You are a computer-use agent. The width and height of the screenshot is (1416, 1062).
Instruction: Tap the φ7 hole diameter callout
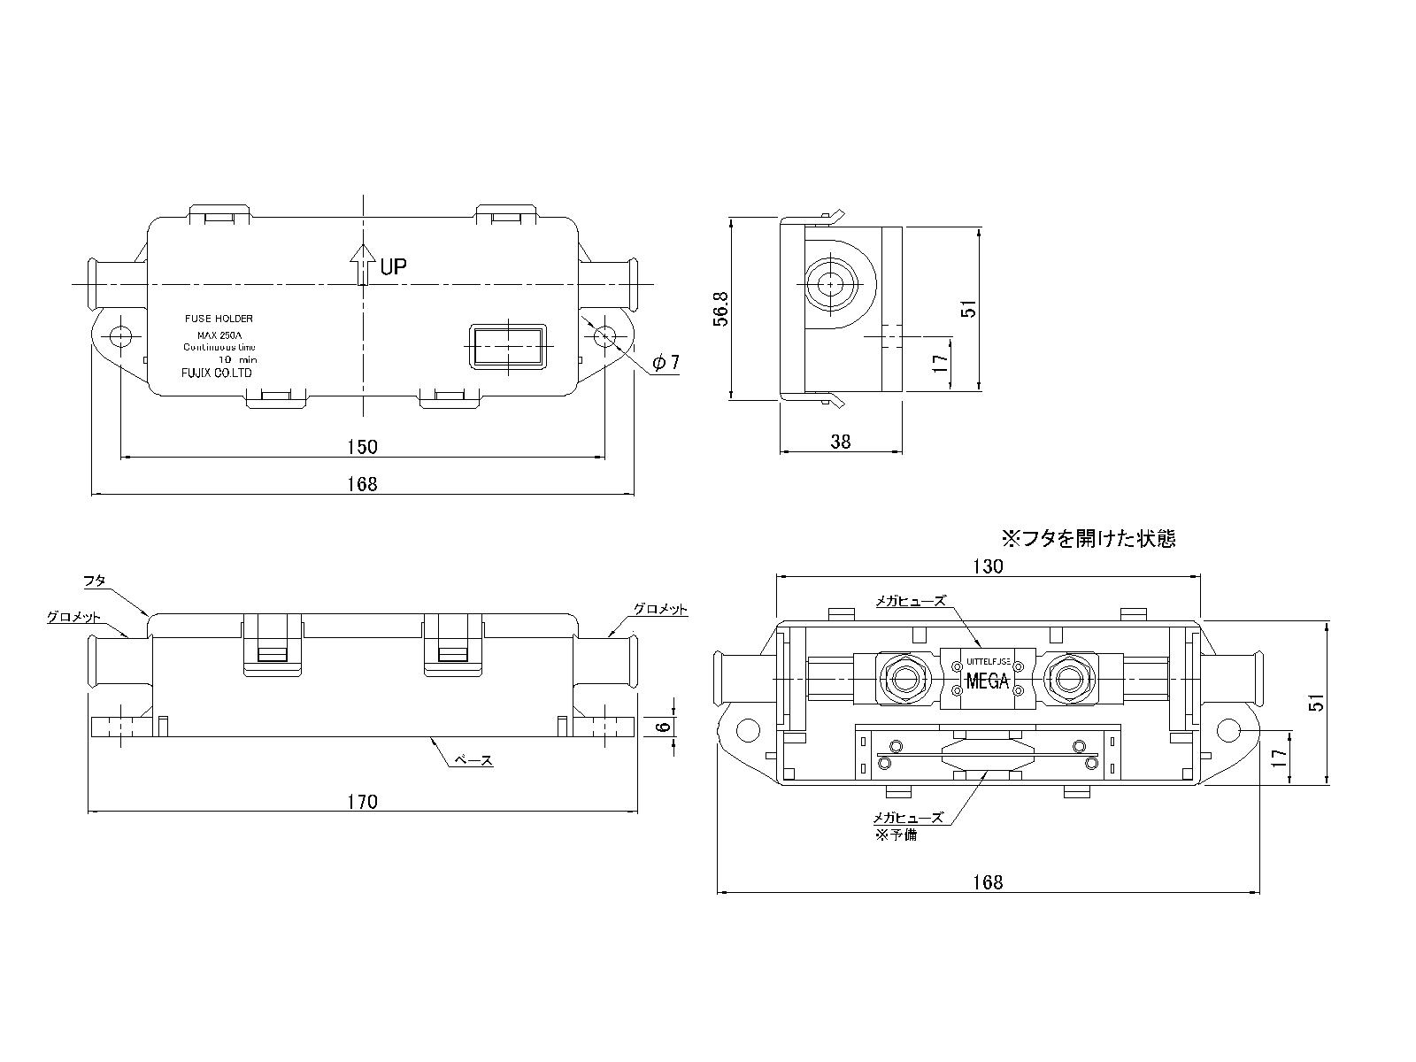[x=666, y=362]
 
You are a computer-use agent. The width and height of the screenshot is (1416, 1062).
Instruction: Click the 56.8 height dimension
[x=721, y=307]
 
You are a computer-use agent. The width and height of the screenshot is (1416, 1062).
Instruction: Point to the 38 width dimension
[x=841, y=442]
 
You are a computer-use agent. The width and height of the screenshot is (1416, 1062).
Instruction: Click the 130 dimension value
[x=988, y=566]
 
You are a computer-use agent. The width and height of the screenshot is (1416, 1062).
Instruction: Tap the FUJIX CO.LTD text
[x=212, y=373]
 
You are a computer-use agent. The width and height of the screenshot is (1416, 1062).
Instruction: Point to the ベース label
[x=473, y=760]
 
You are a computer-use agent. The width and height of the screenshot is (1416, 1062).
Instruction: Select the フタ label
[x=95, y=581]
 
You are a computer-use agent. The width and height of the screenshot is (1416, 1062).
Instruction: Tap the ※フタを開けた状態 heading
[x=1088, y=538]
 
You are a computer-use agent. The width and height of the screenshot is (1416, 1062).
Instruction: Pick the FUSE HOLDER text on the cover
[x=219, y=317]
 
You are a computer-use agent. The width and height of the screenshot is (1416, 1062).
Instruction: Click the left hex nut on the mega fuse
[x=904, y=680]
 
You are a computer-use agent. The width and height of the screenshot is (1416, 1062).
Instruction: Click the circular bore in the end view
[x=831, y=284]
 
